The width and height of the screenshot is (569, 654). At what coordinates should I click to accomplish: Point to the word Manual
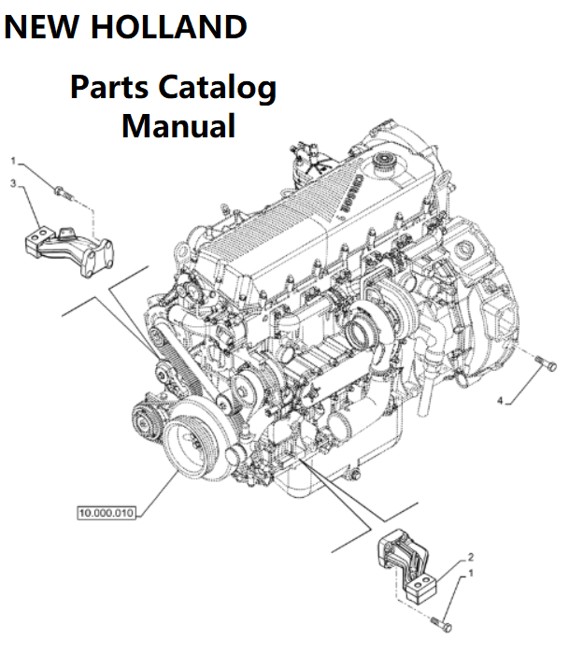point(178,125)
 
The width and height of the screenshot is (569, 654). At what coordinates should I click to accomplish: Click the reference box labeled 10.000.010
point(106,512)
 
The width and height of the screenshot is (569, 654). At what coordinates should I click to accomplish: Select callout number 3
point(13,184)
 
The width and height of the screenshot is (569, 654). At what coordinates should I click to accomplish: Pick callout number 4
point(501,401)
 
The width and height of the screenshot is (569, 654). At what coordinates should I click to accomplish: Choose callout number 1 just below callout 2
point(470,572)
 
